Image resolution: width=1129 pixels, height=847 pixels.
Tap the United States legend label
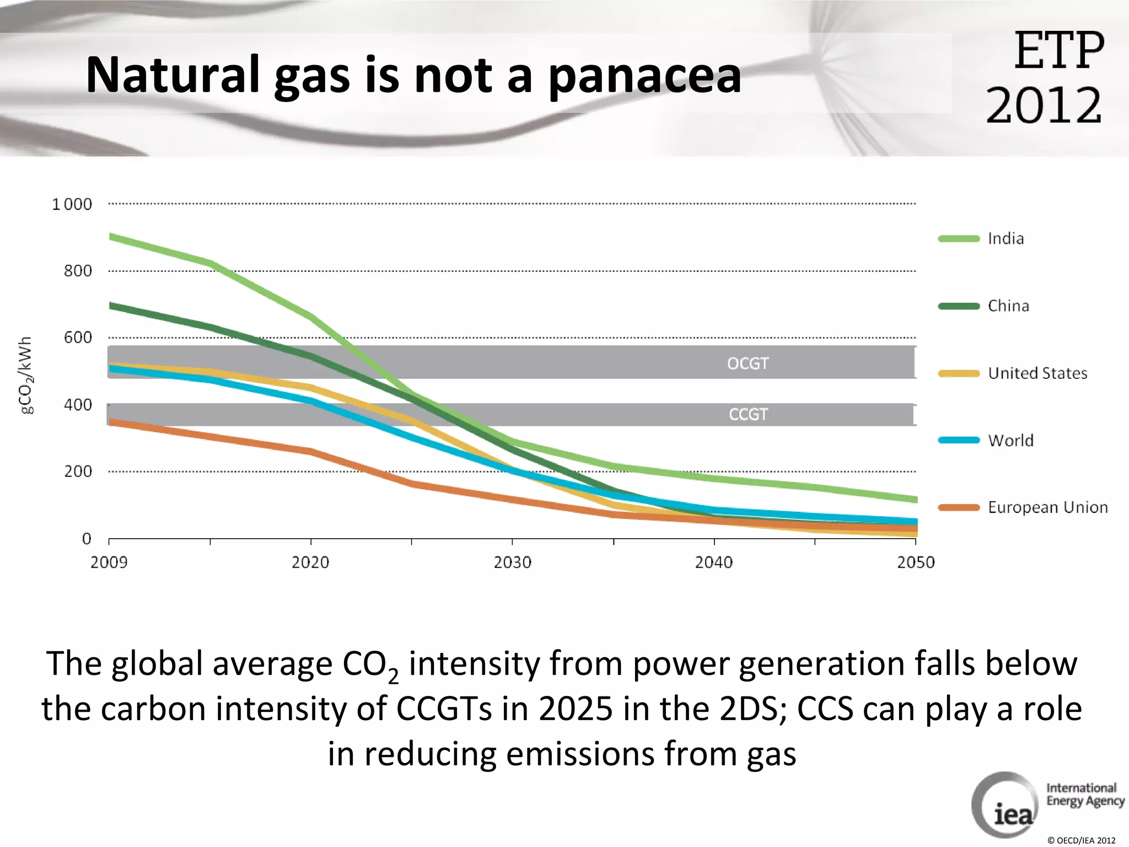coord(1037,373)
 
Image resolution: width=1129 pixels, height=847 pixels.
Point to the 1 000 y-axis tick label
coord(72,205)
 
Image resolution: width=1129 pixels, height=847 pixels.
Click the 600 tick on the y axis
coord(78,337)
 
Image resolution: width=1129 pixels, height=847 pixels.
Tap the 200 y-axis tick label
coord(78,471)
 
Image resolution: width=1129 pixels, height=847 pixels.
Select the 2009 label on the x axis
coord(109,562)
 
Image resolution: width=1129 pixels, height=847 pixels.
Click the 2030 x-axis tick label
coord(512,562)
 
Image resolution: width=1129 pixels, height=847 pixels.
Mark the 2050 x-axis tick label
coord(916,562)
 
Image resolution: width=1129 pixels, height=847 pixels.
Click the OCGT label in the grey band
coord(748,363)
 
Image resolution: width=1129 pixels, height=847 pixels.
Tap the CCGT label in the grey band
coord(748,414)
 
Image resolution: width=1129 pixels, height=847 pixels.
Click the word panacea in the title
coord(644,76)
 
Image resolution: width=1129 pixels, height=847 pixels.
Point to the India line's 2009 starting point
coord(111,237)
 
